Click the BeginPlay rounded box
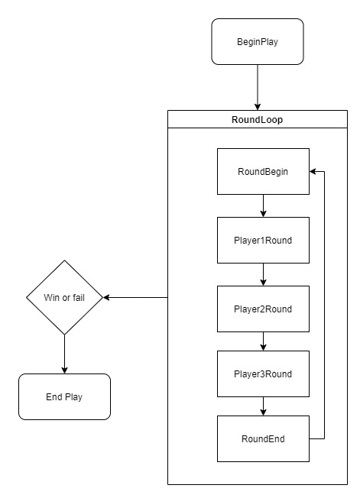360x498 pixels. [258, 41]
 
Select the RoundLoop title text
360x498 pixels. [257, 120]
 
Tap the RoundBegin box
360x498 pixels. [263, 172]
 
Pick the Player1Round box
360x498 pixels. [263, 241]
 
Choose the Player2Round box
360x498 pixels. [263, 309]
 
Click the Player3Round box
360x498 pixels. [263, 373]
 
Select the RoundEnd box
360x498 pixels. [263, 439]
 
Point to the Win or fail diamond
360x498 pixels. [64, 298]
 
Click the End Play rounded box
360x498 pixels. [64, 396]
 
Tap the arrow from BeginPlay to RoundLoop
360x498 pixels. [258, 87]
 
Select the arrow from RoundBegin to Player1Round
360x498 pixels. [263, 205]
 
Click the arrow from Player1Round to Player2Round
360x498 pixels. [263, 275]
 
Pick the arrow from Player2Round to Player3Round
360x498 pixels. [263, 341]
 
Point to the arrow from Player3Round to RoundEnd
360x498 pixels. [263, 406]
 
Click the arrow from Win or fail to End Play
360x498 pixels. [64, 354]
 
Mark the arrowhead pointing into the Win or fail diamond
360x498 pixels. [106, 298]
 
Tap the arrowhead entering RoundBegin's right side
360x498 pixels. [313, 172]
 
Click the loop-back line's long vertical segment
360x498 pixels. [324, 306]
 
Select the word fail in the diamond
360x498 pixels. [79, 298]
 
